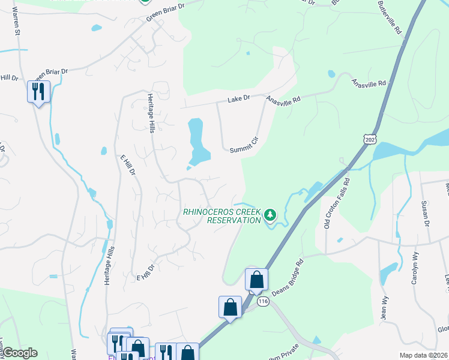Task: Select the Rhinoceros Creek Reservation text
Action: click(x=222, y=216)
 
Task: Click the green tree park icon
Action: click(x=271, y=215)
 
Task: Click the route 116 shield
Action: click(x=262, y=302)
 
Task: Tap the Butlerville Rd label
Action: click(x=389, y=20)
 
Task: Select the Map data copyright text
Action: click(x=423, y=355)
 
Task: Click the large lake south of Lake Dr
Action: click(x=197, y=144)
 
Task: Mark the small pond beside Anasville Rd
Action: click(x=331, y=74)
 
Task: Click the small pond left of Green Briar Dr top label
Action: click(x=96, y=28)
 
